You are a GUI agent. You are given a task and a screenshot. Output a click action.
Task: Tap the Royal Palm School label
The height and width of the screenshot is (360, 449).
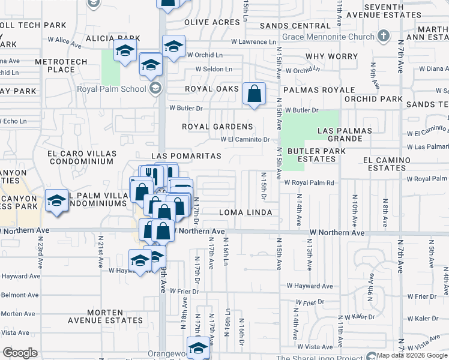coord(111,89)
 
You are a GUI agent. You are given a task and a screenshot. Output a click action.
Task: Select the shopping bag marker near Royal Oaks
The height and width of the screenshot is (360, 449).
coord(254,94)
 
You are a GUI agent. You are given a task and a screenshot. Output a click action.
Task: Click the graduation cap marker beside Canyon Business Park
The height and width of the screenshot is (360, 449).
coord(56,200)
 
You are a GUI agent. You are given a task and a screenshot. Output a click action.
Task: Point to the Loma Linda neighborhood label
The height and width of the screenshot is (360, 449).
coord(246,212)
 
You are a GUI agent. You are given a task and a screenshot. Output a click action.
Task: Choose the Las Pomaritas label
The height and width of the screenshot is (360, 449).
coord(187,156)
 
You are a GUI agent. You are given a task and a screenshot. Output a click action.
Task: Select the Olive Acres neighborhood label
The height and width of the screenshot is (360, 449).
coord(212,22)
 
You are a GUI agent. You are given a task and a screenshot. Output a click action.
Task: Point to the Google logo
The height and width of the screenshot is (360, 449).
coord(19,353)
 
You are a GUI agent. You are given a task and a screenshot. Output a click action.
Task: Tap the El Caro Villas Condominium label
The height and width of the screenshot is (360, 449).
coord(81,157)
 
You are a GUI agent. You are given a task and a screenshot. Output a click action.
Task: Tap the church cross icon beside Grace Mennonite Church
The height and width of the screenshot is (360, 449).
coord(382,36)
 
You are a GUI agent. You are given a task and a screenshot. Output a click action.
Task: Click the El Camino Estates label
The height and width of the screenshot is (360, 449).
coord(387,164)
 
